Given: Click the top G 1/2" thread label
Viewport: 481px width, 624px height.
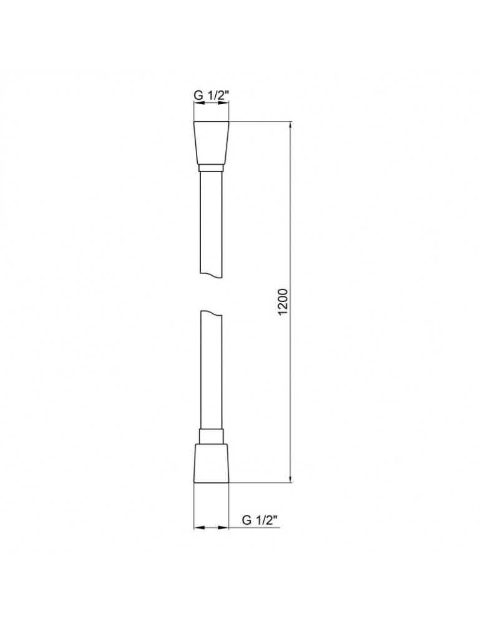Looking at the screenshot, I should coord(211,96).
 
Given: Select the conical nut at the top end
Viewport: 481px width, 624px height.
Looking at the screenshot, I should coord(211,143).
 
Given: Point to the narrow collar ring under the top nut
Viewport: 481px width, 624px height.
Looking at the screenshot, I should coord(211,168).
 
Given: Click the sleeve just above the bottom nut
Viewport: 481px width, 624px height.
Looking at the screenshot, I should coord(211,436).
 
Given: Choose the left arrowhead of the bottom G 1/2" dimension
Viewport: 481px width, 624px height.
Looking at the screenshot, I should coord(198,528).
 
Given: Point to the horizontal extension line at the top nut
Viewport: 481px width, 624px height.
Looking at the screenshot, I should coord(262,121).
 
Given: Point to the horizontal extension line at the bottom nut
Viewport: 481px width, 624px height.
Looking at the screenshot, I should coord(262,482).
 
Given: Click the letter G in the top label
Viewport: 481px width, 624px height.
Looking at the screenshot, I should coord(198,96).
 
